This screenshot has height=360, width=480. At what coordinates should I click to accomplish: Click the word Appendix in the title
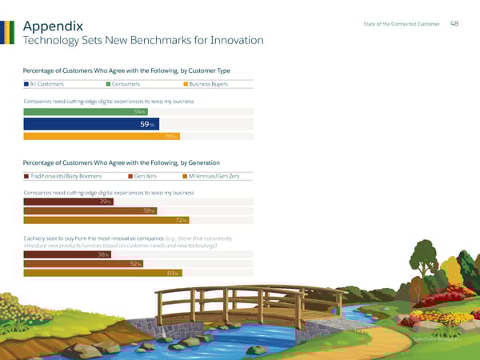coord(54,25)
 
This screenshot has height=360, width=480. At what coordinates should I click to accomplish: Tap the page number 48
coord(454,23)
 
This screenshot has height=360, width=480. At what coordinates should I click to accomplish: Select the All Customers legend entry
coord(44,83)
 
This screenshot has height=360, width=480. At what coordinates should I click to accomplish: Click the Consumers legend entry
coord(123,83)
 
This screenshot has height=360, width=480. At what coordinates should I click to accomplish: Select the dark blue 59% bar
coord(91,124)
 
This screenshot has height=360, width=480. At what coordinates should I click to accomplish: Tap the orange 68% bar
coord(102,137)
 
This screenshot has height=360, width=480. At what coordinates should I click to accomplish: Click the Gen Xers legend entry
coord(147,175)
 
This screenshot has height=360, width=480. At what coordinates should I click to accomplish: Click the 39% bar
coord(68,202)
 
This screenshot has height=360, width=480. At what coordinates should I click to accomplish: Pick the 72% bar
coord(106,221)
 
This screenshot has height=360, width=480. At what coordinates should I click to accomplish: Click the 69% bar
coord(102,274)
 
